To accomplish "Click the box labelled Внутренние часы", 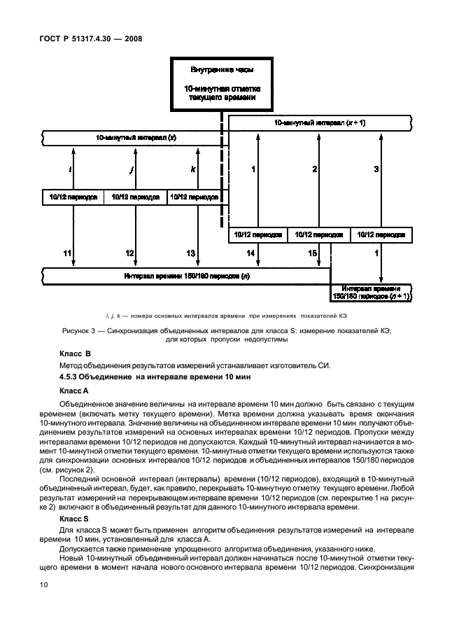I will click(x=222, y=84).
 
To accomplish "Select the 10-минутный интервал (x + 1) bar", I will click(x=320, y=123).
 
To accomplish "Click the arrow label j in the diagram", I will click(x=132, y=169).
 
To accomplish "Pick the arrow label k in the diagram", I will click(x=192, y=169).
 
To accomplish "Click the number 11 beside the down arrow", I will click(x=68, y=253).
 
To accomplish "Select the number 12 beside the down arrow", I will click(x=129, y=253).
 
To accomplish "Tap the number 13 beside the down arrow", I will click(x=190, y=253).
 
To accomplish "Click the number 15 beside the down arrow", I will click(x=313, y=253).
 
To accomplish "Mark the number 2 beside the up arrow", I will click(x=315, y=169).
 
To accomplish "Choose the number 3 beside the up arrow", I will click(x=376, y=169).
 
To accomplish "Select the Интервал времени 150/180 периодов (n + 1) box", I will click(x=372, y=293).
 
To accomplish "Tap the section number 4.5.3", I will click(x=71, y=378).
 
